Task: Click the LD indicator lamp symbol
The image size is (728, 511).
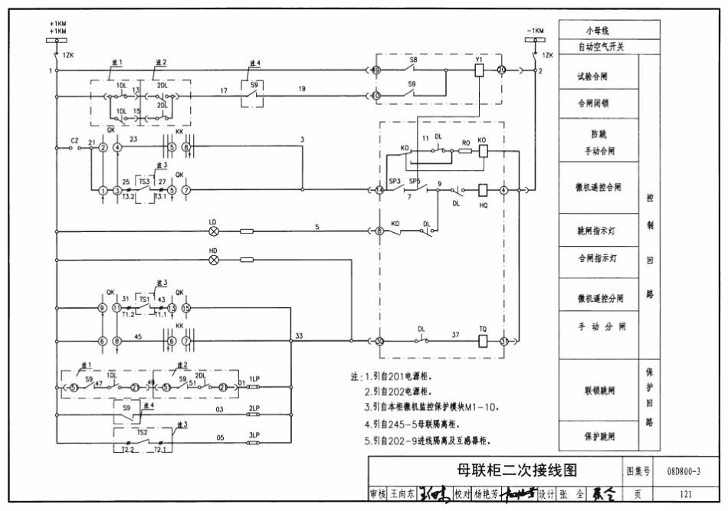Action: (x=214, y=230)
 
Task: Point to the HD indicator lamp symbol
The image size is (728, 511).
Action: (x=214, y=260)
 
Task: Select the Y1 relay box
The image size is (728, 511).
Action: (x=479, y=70)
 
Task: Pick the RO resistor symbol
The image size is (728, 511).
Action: (x=465, y=151)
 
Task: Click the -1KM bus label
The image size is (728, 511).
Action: (x=535, y=31)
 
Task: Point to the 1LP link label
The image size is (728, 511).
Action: (x=254, y=379)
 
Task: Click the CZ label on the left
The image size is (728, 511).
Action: (x=74, y=140)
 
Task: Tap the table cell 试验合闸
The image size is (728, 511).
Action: (x=600, y=77)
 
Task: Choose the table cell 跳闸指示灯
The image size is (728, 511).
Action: (x=600, y=229)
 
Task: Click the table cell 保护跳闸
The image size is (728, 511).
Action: (x=600, y=436)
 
